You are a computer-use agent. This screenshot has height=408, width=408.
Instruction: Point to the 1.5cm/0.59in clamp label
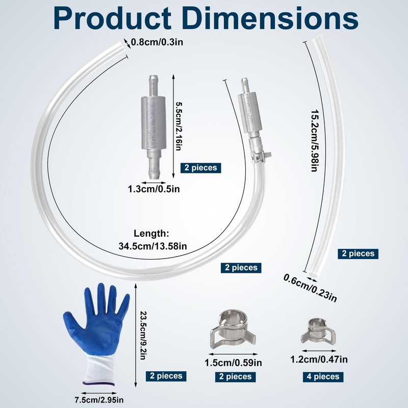(x=233, y=364)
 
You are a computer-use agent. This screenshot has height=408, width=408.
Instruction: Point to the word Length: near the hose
(x=151, y=234)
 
